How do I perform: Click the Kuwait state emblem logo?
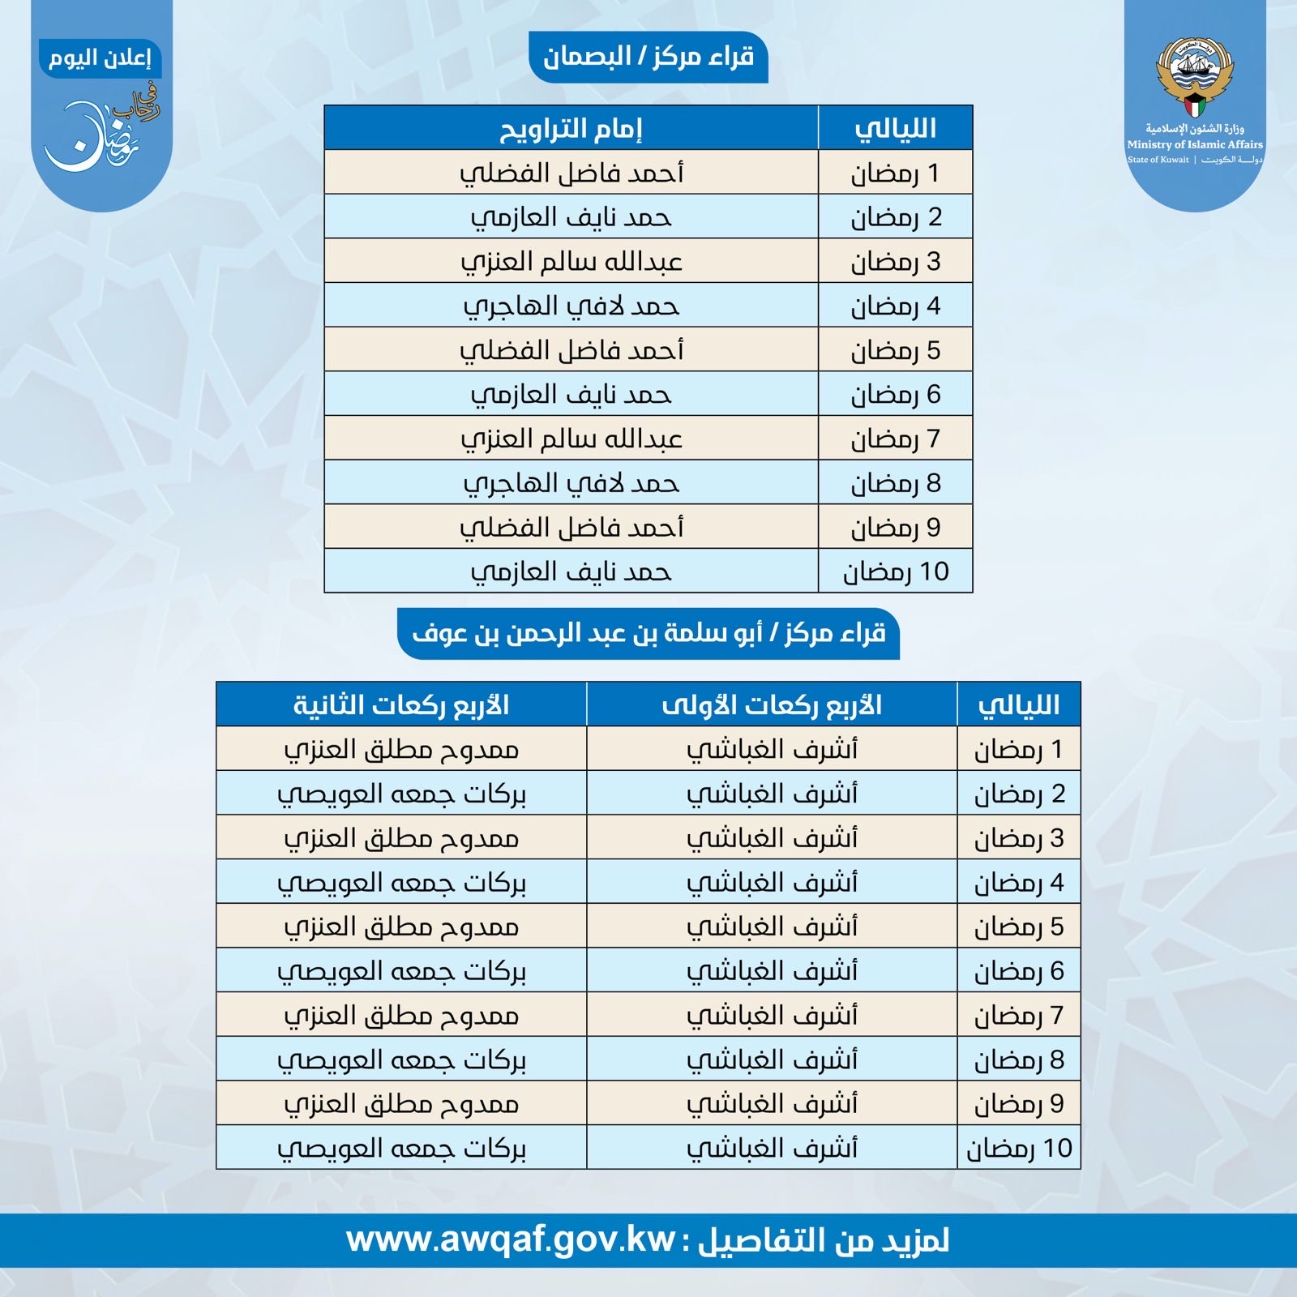click(1195, 76)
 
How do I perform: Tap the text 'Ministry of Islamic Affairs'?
click(1195, 144)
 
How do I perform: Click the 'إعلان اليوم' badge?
click(100, 59)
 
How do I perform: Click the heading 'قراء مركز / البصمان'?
click(648, 56)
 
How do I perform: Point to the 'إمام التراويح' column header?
click(571, 128)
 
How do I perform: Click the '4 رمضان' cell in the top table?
click(895, 306)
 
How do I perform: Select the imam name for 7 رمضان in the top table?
click(571, 439)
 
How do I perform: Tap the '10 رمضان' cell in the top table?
click(895, 571)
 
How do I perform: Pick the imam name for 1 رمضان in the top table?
click(571, 173)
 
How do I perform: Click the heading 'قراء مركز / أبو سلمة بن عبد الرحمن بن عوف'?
click(648, 633)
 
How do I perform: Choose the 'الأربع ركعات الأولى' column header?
click(772, 704)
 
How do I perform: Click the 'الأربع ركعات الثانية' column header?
click(401, 704)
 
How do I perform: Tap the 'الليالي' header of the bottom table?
click(1019, 704)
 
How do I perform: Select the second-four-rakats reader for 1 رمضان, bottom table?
click(401, 749)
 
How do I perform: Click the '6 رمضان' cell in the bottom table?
click(1019, 970)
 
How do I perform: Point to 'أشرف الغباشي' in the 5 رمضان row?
click(772, 927)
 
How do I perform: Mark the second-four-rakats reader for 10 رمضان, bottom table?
click(401, 1148)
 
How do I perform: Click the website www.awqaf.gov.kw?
click(511, 1240)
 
